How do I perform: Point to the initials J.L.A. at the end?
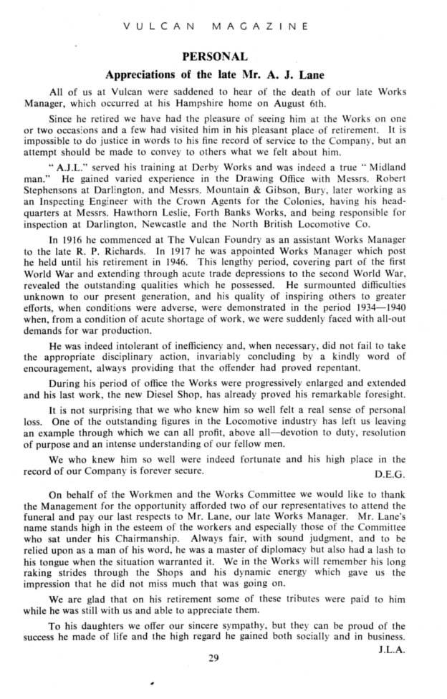click(x=391, y=650)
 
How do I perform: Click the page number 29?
click(x=213, y=660)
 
